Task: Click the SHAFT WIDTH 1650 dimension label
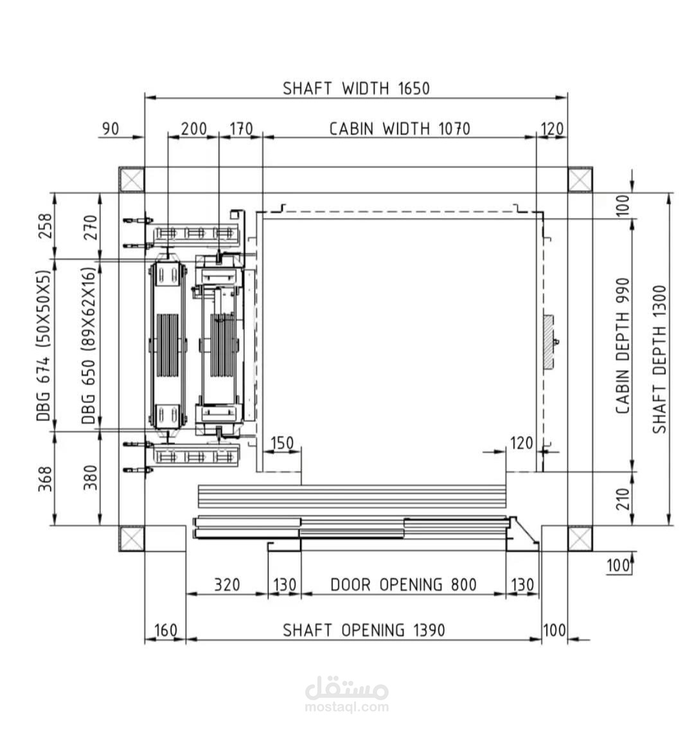(356, 88)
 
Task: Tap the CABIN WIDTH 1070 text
(400, 129)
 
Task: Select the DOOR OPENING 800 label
(404, 584)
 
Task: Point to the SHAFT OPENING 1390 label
(364, 630)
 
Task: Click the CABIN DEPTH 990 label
(623, 346)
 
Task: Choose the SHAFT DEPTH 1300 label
(659, 359)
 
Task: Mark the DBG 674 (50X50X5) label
(43, 346)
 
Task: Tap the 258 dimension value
(45, 226)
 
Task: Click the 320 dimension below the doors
(227, 584)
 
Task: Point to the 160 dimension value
(166, 630)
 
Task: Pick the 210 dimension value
(623, 499)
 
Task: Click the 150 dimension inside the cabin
(281, 443)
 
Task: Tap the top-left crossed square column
(132, 180)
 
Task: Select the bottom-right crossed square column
(580, 538)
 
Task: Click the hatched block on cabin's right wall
(549, 342)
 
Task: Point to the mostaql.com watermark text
(347, 707)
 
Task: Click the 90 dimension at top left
(110, 129)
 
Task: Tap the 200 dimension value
(193, 129)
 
